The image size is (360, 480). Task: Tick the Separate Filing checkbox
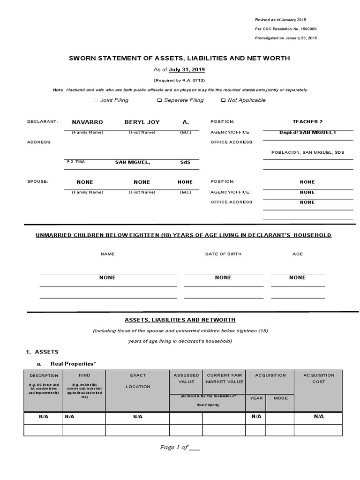[x=160, y=100]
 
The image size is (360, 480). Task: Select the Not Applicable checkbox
[x=223, y=100]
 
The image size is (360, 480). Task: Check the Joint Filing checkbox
[x=96, y=100]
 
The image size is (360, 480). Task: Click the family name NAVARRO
[x=87, y=122]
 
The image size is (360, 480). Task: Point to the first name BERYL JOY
[x=142, y=122]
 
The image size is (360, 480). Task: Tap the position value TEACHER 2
[x=307, y=121]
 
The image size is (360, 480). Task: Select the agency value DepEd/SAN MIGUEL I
[x=307, y=132]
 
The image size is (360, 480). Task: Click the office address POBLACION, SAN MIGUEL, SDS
[x=307, y=152]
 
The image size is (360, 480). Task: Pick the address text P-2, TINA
[x=76, y=162]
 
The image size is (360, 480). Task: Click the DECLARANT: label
[x=42, y=122]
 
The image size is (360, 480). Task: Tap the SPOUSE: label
[x=37, y=181]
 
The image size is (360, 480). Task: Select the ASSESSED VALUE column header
[x=186, y=378]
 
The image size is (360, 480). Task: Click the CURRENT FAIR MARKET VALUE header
[x=225, y=378]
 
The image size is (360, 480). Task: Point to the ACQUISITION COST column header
[x=319, y=378]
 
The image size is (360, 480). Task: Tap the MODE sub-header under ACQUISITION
[x=280, y=398]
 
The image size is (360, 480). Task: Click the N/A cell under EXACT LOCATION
[x=138, y=416]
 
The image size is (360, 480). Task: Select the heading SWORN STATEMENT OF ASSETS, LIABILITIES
[x=180, y=58]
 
